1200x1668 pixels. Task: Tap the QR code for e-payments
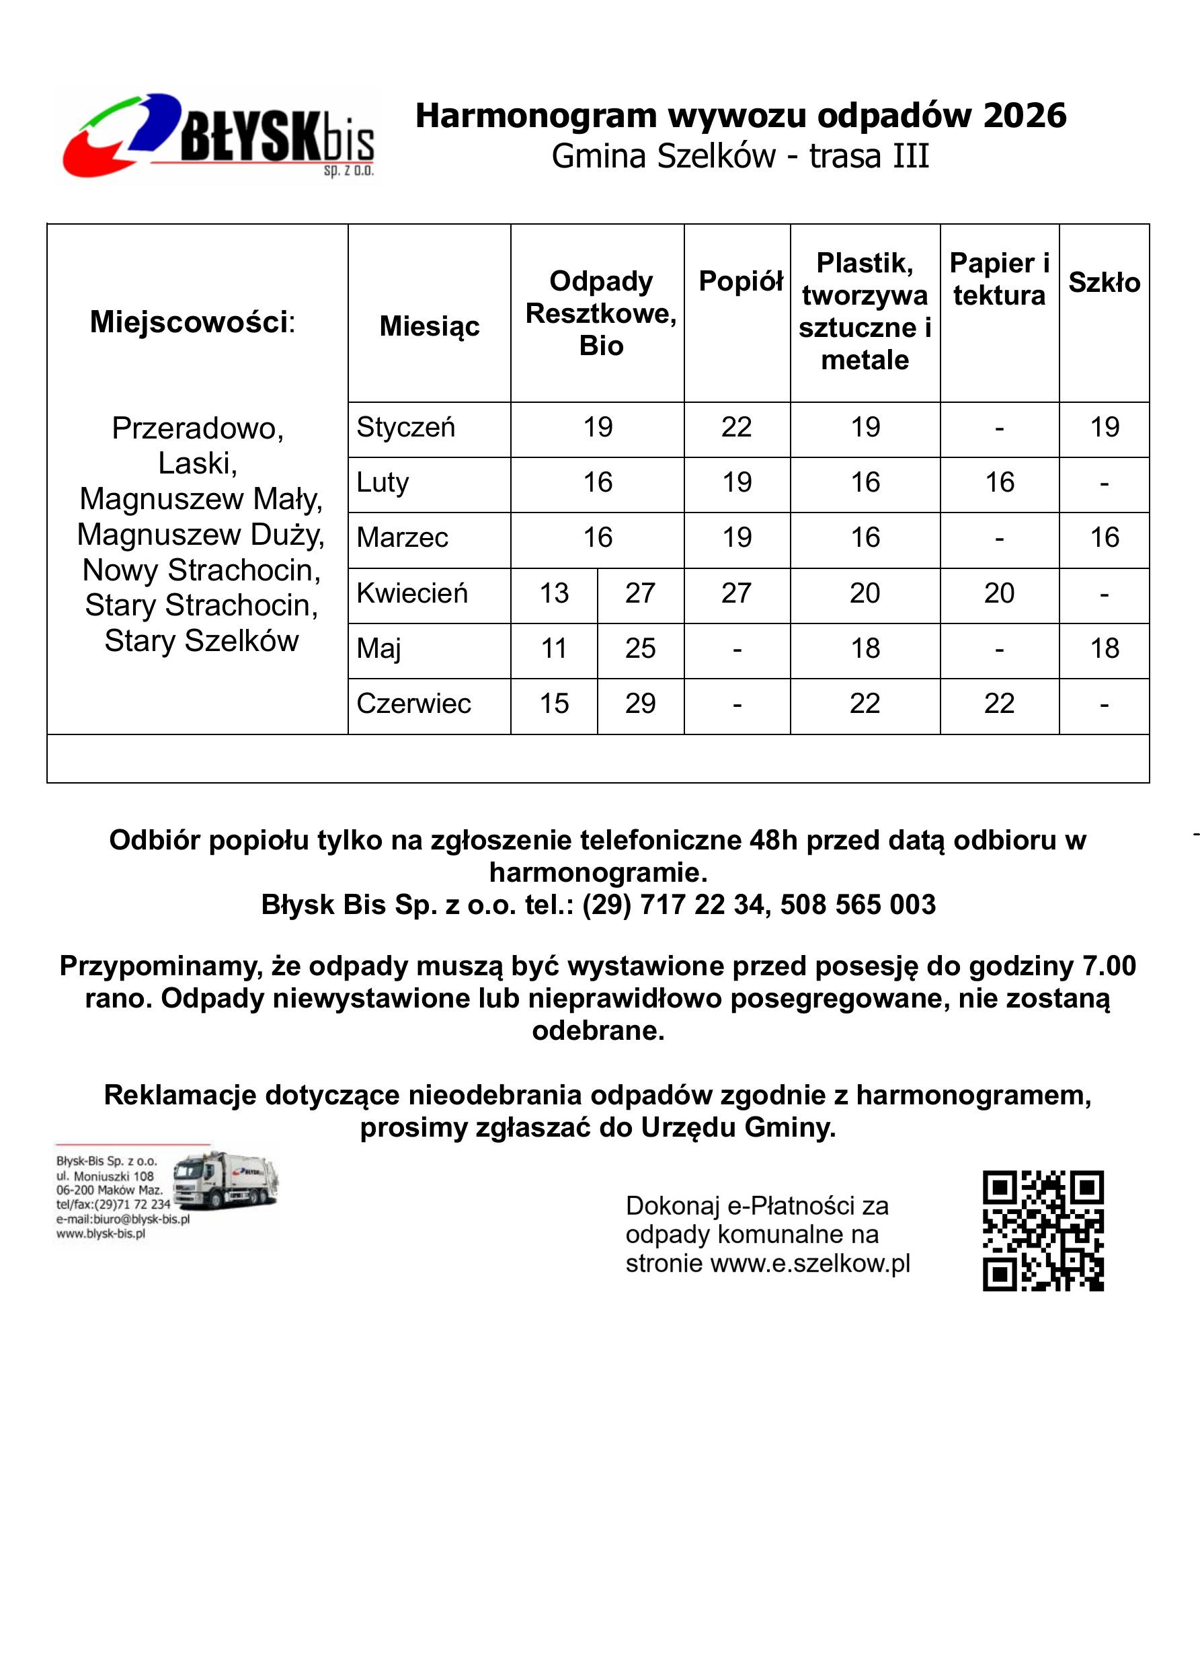coord(1043,1230)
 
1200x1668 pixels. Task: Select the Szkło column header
coord(1104,282)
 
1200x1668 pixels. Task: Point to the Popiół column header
coord(739,281)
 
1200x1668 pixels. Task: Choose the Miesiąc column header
coord(430,326)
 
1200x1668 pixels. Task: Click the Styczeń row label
coord(406,427)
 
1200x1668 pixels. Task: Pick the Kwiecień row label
coord(411,593)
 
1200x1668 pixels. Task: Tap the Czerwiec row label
coord(413,704)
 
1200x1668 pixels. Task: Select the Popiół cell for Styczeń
coord(736,427)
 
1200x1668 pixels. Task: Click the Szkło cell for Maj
coord(1104,648)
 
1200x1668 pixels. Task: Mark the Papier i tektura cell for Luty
coord(999,482)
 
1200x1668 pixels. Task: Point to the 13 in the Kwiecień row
coord(554,593)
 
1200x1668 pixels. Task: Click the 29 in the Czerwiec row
coord(640,704)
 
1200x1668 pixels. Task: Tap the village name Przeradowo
coord(197,428)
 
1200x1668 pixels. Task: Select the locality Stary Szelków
coord(202,640)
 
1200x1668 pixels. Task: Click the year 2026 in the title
coord(1025,116)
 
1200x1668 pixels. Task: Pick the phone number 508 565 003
coord(857,905)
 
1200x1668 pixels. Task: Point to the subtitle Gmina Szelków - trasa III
coord(739,156)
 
